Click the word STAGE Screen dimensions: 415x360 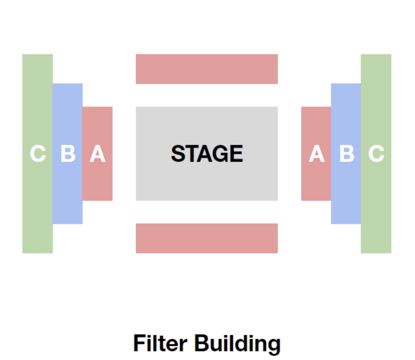(x=207, y=153)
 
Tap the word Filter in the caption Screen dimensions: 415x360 (x=160, y=343)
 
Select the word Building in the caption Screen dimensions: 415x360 (x=238, y=345)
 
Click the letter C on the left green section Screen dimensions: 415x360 (x=38, y=153)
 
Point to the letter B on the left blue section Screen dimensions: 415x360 (x=68, y=153)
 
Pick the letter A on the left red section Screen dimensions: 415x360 (x=98, y=153)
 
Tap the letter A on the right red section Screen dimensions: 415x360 (x=317, y=153)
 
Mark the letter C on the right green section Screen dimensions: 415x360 (x=376, y=153)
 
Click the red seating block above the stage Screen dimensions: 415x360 (x=207, y=69)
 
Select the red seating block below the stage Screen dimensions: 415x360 (x=207, y=238)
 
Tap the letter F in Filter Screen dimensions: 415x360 (x=139, y=343)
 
